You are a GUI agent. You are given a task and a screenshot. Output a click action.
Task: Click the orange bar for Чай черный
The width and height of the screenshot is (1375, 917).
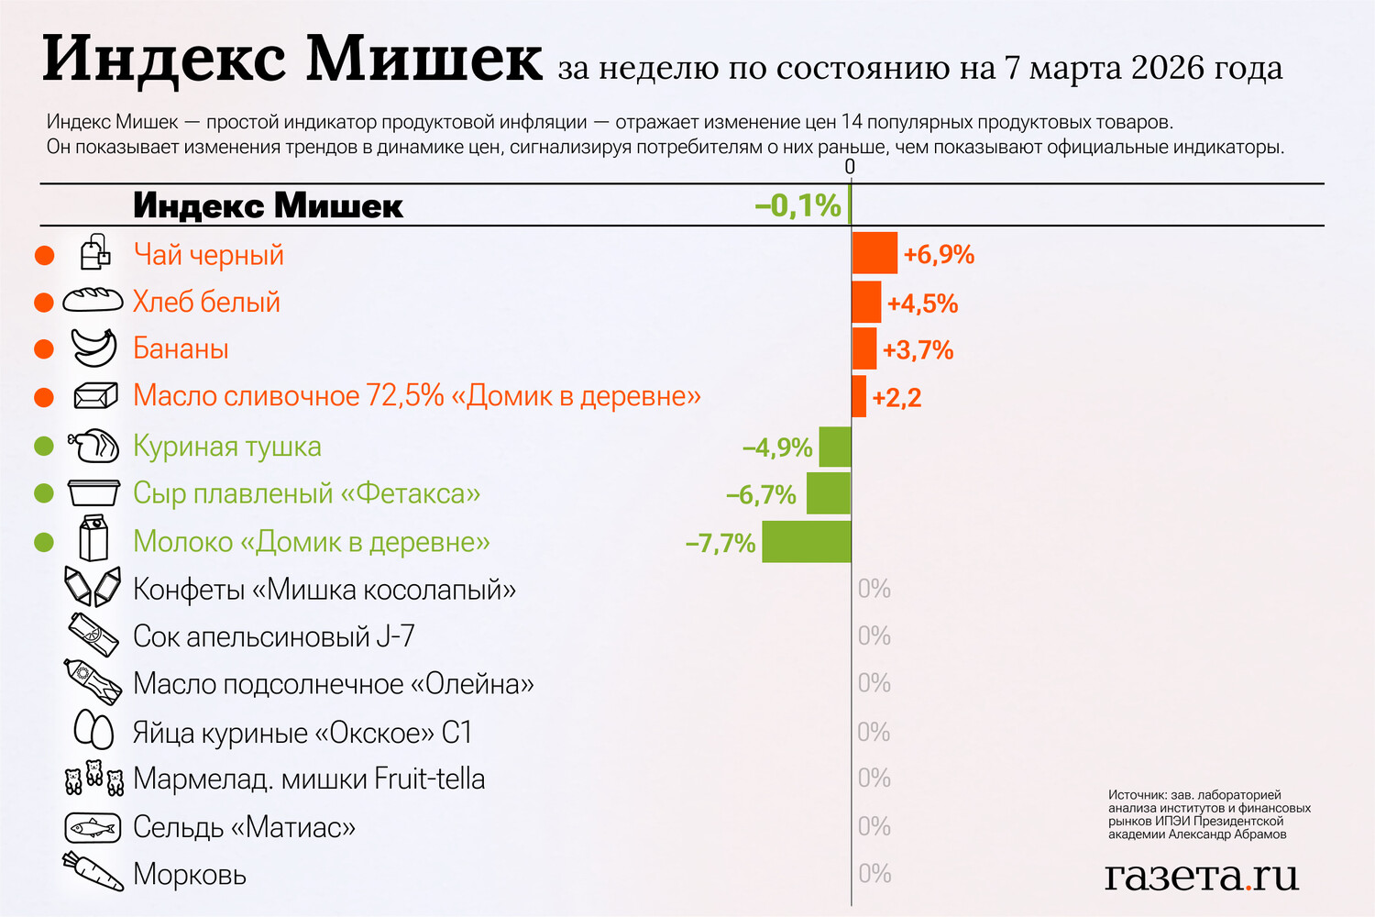click(874, 253)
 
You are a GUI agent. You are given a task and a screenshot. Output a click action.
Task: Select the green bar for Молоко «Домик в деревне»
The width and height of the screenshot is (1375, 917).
click(807, 542)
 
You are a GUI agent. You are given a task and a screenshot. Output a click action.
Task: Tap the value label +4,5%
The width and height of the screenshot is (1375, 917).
click(922, 304)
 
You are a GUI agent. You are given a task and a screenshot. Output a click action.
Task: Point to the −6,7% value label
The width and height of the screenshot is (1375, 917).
click(761, 495)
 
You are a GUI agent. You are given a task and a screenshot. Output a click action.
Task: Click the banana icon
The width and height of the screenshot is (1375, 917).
click(93, 348)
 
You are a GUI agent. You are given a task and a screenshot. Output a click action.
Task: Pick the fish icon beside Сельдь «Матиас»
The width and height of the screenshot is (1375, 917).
click(93, 828)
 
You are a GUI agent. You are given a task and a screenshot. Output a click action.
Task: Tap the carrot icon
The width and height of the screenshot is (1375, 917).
click(93, 872)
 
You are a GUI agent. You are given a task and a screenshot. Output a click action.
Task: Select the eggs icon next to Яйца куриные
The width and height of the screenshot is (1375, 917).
click(93, 731)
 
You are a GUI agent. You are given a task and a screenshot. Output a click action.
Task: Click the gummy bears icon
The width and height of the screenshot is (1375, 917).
click(93, 779)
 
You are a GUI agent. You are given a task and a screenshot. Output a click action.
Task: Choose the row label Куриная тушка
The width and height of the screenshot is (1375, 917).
click(227, 447)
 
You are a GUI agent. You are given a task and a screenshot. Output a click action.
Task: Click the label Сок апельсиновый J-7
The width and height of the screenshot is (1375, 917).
click(273, 636)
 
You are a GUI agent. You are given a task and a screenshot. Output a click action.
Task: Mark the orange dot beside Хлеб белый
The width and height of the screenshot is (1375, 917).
click(43, 302)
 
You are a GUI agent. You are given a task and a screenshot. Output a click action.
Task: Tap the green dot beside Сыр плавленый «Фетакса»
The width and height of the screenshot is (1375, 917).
click(43, 493)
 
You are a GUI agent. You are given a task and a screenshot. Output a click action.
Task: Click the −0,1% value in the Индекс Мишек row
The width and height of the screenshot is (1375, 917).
click(797, 205)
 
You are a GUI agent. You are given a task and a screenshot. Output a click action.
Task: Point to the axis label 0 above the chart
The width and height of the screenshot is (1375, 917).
click(850, 166)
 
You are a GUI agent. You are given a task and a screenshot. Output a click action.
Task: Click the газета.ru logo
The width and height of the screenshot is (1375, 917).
click(1201, 876)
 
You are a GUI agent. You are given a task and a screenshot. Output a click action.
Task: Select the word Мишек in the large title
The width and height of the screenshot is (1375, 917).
click(423, 60)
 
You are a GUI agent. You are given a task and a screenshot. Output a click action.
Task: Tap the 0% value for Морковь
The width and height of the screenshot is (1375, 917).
click(874, 874)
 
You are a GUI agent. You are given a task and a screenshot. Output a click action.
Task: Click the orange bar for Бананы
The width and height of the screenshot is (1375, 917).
click(863, 348)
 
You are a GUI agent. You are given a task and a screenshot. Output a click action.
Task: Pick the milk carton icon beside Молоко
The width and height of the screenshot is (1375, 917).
click(93, 538)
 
